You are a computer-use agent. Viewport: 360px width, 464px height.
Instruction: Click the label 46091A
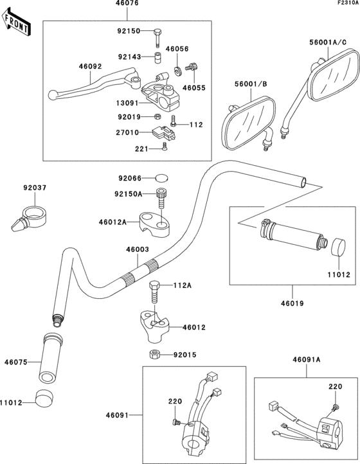[x=307, y=361]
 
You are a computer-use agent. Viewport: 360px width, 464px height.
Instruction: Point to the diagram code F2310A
[x=345, y=4]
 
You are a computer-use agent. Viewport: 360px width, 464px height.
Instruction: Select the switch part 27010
[x=161, y=134]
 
